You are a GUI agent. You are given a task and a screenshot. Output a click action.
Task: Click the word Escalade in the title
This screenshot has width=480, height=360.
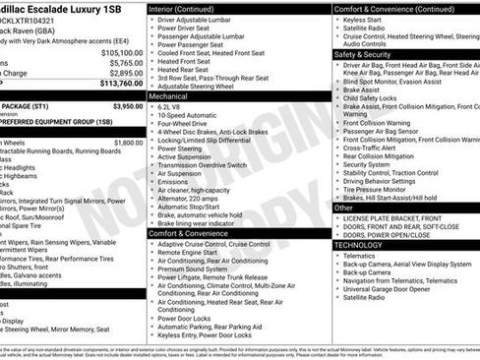coord(61,8)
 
